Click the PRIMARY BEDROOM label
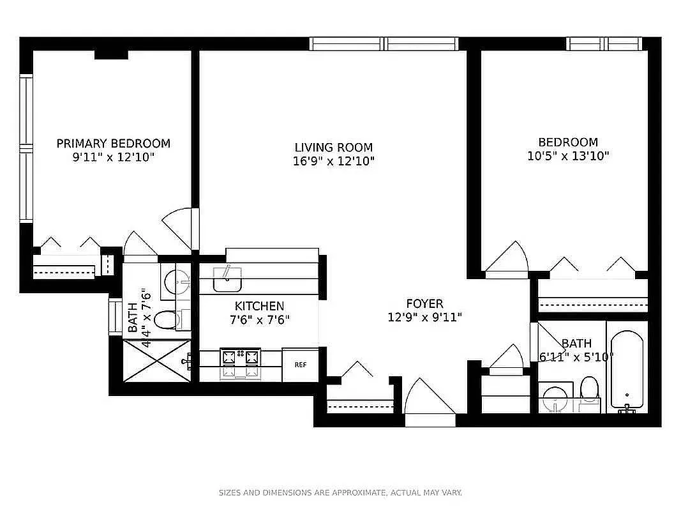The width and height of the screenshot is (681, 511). (x=113, y=143)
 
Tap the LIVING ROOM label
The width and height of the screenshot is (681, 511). (x=333, y=147)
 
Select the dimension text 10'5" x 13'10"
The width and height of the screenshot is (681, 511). (x=567, y=156)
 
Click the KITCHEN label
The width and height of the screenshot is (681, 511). (x=259, y=306)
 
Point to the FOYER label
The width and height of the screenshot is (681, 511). (x=424, y=303)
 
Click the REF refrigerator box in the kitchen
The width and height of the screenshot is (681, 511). (x=300, y=365)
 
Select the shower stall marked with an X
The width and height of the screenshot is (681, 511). (x=156, y=361)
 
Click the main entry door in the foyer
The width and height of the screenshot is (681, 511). (x=430, y=402)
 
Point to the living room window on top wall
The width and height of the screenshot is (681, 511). (x=384, y=43)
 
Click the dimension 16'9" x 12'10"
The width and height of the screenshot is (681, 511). (x=333, y=161)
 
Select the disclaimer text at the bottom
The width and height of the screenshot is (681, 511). (x=340, y=492)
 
